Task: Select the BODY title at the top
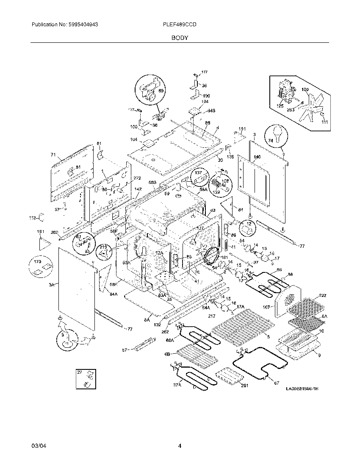(180, 38)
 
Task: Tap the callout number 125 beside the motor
(280, 106)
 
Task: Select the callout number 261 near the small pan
(244, 385)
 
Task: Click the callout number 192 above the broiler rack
(323, 295)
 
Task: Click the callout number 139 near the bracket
(230, 157)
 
